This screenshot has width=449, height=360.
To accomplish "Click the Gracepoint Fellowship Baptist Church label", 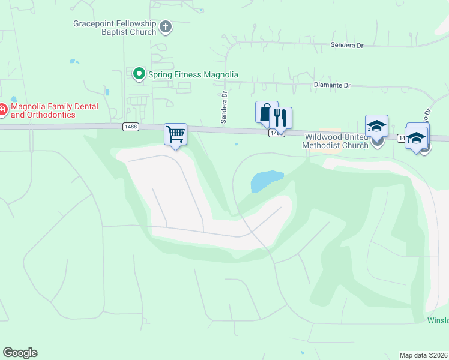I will (x=114, y=28).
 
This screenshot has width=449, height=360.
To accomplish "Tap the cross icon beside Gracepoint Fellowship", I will (x=166, y=27).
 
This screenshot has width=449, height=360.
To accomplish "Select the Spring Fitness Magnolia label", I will (x=193, y=74).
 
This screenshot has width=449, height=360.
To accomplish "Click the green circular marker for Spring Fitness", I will (x=139, y=74).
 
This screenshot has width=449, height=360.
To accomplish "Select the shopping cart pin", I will (x=175, y=133).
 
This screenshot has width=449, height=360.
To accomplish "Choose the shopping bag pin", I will (x=266, y=112).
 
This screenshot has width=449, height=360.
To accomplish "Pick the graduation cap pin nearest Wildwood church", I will (x=376, y=126).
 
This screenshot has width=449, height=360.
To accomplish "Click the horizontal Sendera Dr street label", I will (x=348, y=45).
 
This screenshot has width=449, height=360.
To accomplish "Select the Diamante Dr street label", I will (x=332, y=85).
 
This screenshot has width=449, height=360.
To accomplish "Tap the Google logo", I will (x=20, y=353).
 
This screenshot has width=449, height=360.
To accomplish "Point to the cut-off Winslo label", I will (x=438, y=320).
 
